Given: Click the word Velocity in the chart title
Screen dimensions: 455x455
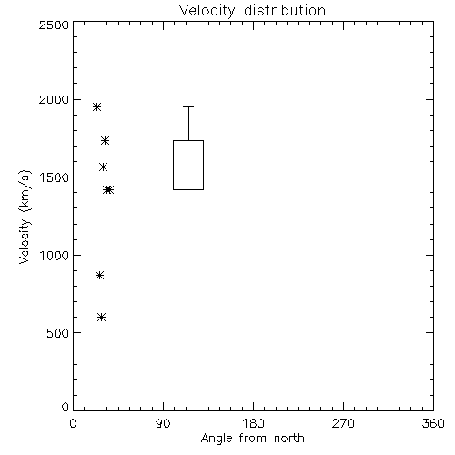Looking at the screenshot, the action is coord(207,11).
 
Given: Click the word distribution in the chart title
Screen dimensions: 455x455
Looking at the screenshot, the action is coord(285,10).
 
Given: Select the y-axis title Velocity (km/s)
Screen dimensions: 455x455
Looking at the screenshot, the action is coord(25,217).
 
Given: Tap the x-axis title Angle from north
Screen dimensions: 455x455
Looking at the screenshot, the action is coord(252,439).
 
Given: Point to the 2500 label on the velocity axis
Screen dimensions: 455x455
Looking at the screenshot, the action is coord(54,25).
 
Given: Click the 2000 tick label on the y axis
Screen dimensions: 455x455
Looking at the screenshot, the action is coord(54,99).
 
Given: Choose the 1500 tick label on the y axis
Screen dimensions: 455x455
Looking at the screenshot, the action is coord(55,177).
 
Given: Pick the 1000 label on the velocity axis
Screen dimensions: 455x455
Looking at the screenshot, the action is coord(55,256).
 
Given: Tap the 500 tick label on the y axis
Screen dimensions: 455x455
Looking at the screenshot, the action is coord(58,333).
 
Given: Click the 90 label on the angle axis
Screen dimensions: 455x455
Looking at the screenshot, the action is coord(163,423).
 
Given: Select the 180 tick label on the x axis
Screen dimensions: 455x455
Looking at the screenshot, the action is coord(253,423).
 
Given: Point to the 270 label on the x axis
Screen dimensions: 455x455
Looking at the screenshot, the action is coord(343,423).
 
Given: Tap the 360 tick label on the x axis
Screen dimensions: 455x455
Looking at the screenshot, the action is coord(433,423).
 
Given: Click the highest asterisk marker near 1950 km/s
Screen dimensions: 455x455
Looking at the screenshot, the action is coord(96,106).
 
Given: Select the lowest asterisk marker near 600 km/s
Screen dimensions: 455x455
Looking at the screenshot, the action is coord(101,318).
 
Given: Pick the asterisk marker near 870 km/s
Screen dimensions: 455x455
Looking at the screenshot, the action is coord(99,276).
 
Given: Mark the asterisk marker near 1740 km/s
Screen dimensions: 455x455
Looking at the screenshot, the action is coord(105,140).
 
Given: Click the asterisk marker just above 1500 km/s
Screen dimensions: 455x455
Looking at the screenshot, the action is coord(103,167).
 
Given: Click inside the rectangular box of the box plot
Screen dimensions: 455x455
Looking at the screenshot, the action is coord(188,165).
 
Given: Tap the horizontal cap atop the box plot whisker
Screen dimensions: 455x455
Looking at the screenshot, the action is coord(188,106).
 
